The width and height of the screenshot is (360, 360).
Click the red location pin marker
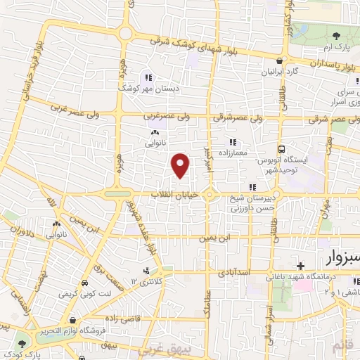click(181, 165)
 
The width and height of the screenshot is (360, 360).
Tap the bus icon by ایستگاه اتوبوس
click(282, 149)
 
